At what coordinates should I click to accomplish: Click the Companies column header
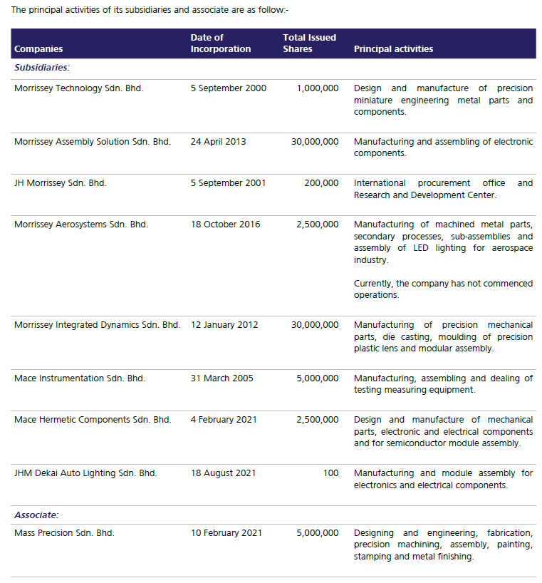point(38,49)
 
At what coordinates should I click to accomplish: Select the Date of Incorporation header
point(220,43)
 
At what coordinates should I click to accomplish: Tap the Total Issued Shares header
point(309,43)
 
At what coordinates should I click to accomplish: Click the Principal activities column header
point(393,49)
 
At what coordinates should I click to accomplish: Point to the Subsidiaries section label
point(41,68)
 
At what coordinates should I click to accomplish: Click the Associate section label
point(36,515)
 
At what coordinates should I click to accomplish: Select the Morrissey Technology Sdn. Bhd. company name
point(78,88)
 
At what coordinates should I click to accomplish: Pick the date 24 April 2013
point(218,142)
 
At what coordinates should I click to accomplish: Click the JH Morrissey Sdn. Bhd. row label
point(60,183)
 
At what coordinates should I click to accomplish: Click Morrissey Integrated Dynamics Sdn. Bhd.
point(97,325)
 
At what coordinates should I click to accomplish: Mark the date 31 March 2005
point(222,378)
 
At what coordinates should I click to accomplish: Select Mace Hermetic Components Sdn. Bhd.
point(93,420)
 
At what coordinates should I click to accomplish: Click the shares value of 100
point(330,473)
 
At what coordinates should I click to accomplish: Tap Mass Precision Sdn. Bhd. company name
point(64,533)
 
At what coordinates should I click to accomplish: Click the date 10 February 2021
point(226,533)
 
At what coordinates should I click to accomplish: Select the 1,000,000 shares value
point(317,88)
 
